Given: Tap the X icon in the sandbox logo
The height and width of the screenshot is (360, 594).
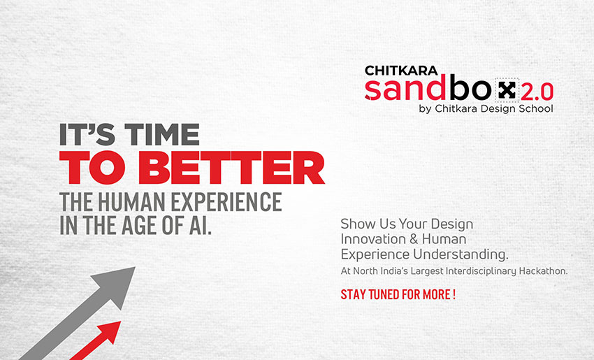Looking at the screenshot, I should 508,90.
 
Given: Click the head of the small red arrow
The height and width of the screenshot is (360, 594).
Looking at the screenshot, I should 113,329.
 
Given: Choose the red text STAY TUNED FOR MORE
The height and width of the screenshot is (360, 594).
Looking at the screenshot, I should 398,294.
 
